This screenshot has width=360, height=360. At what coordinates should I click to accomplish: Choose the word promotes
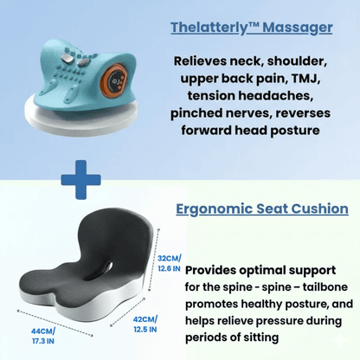[x=213, y=306]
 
